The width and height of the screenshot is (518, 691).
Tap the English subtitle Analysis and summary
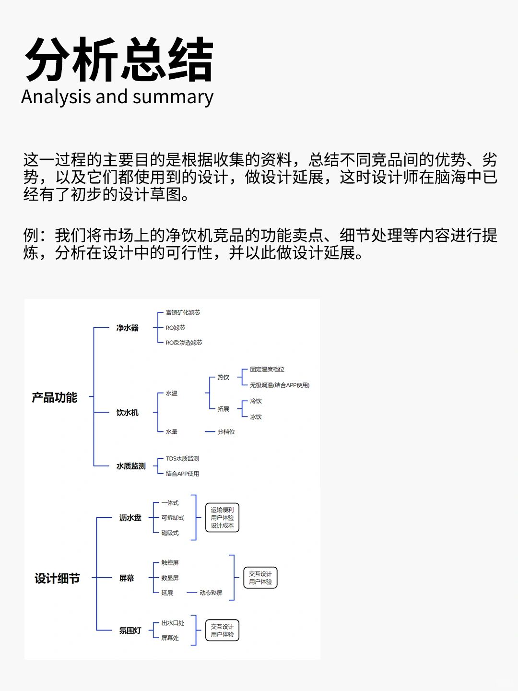point(118,96)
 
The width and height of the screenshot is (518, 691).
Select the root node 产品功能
point(54,397)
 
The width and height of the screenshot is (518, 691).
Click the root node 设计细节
point(57,578)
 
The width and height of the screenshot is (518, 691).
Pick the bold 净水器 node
point(128,328)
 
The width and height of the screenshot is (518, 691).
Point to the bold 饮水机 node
point(128,412)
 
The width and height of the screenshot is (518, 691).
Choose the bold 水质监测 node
point(131,466)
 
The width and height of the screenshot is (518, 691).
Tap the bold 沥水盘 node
point(130,518)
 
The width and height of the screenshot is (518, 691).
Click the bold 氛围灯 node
point(130,630)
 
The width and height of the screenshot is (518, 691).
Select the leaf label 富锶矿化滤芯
point(183,312)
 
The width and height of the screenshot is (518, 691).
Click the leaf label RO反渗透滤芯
point(184,343)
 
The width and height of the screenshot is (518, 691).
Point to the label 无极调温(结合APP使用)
point(280,385)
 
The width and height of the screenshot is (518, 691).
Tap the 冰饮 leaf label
point(256,417)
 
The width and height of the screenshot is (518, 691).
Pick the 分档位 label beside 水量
point(226,431)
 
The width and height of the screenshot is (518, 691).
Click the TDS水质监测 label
point(182,458)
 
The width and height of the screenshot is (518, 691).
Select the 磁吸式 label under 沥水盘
point(170,533)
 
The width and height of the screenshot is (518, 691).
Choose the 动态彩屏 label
point(211,593)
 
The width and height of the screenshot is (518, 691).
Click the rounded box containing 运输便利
point(222,518)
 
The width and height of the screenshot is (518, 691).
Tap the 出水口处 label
point(173,623)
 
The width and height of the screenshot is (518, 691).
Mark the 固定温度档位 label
point(267,369)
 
